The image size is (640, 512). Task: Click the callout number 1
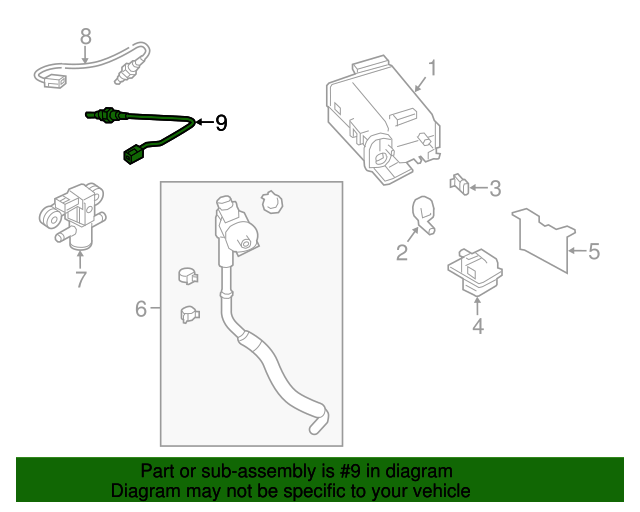433,69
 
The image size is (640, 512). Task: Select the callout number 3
495,188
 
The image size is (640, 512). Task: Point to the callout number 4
478,326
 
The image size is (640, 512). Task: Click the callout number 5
593,251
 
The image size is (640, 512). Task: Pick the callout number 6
141,309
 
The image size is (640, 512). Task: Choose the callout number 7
81,280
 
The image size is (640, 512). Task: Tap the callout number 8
85,36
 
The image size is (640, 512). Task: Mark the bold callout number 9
221,123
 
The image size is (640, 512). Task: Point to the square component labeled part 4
475,272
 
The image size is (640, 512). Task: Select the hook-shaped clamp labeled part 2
422,214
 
